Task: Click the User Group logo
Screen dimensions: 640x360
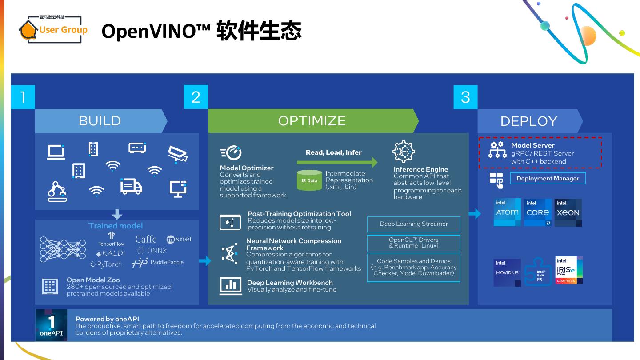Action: (x=53, y=29)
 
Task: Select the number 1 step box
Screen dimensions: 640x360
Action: (x=23, y=97)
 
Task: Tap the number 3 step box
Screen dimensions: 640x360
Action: (x=465, y=97)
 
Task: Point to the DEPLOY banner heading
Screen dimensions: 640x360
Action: (x=529, y=121)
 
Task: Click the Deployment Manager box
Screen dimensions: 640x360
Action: (x=548, y=178)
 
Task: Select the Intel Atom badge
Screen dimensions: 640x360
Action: (x=507, y=212)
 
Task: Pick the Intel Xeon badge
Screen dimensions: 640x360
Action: (x=568, y=212)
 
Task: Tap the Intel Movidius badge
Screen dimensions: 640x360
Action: (x=507, y=272)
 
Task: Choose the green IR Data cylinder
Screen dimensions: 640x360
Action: (x=309, y=180)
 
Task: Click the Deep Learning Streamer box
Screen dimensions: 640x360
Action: (x=413, y=224)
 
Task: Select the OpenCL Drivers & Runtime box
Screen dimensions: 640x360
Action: (x=413, y=243)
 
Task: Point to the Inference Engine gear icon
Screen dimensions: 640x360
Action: (x=404, y=152)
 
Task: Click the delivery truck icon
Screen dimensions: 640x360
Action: (x=131, y=186)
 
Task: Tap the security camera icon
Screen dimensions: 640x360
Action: (x=177, y=153)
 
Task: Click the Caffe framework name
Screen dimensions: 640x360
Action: (x=146, y=239)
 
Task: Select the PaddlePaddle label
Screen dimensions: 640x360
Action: (x=167, y=262)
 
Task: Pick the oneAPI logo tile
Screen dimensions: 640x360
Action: (x=51, y=325)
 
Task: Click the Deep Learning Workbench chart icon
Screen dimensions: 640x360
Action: (x=231, y=286)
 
